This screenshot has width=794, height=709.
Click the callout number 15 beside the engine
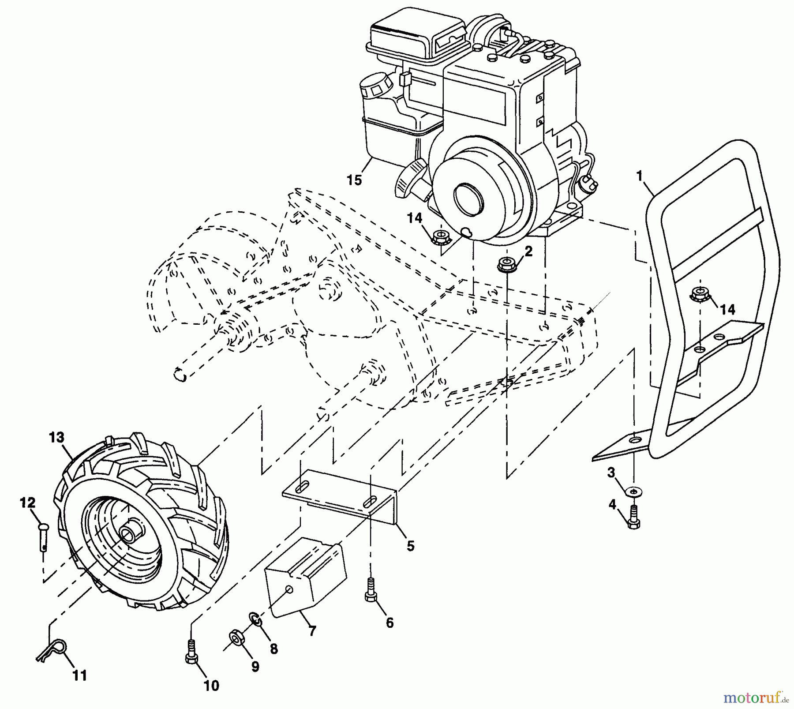354,180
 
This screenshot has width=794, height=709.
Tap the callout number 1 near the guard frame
639,176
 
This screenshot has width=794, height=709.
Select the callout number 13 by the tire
57,437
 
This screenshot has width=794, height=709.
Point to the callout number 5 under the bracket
411,546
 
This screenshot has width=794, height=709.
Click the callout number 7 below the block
312,631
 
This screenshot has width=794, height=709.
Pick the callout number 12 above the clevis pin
27,503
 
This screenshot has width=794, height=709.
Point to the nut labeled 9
236,638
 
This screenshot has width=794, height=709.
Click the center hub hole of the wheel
129,534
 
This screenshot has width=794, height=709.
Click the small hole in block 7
289,590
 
